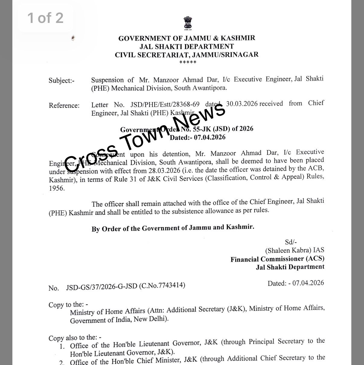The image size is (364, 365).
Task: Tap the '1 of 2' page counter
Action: pyautogui.click(x=46, y=18)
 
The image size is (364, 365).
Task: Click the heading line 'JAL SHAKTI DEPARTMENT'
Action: pyautogui.click(x=187, y=46)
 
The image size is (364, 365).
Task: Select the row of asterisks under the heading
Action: pyautogui.click(x=188, y=62)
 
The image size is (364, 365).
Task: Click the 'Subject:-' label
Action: pyautogui.click(x=61, y=80)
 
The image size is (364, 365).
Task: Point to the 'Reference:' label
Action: pyautogui.click(x=64, y=105)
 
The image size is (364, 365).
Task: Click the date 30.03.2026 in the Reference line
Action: pyautogui.click(x=242, y=104)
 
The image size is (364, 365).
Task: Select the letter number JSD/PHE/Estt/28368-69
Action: pyautogui.click(x=165, y=105)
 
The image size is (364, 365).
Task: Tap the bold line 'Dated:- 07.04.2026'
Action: pyautogui.click(x=197, y=137)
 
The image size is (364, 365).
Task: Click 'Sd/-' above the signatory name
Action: pyautogui.click(x=291, y=242)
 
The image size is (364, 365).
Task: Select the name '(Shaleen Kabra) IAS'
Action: pyautogui.click(x=295, y=250)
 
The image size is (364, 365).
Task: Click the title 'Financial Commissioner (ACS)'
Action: pyautogui.click(x=277, y=259)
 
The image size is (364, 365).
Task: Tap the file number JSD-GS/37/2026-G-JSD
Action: pyautogui.click(x=102, y=286)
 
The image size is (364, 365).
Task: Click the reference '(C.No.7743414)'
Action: pyautogui.click(x=162, y=285)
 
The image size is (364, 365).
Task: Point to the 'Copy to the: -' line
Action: pyautogui.click(x=68, y=304)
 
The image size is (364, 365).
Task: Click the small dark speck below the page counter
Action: pyautogui.click(x=72, y=38)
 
